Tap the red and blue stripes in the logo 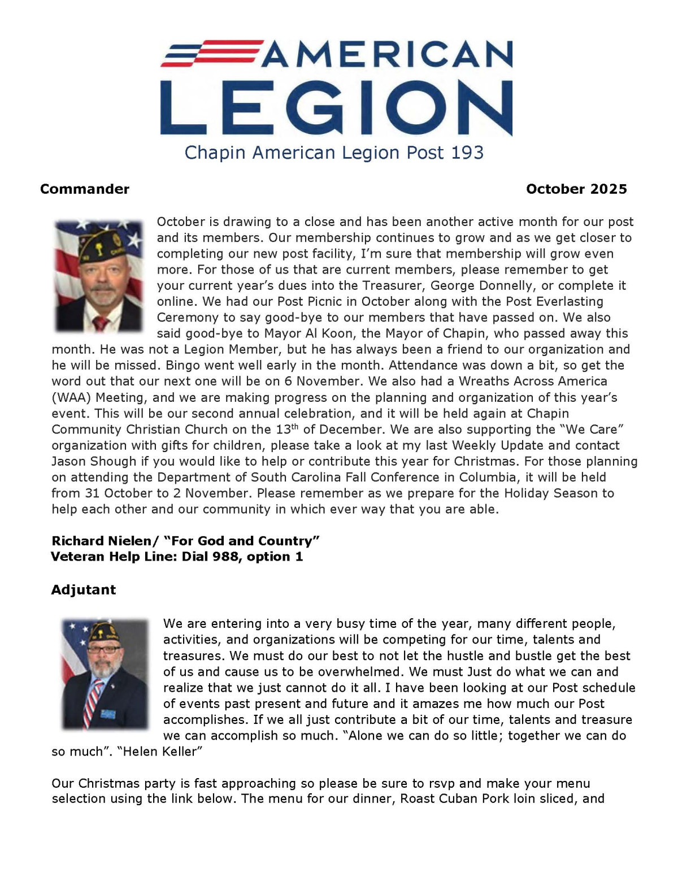[x=210, y=53]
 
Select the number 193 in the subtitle [x=467, y=153]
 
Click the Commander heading [x=85, y=189]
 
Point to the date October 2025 [x=576, y=189]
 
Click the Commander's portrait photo [x=99, y=275]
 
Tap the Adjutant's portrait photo [x=105, y=674]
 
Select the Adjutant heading [x=84, y=589]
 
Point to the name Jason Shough [x=94, y=461]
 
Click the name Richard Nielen [x=97, y=541]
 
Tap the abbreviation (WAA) [x=71, y=397]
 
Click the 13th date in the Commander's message [x=287, y=429]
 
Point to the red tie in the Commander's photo [x=100, y=323]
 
